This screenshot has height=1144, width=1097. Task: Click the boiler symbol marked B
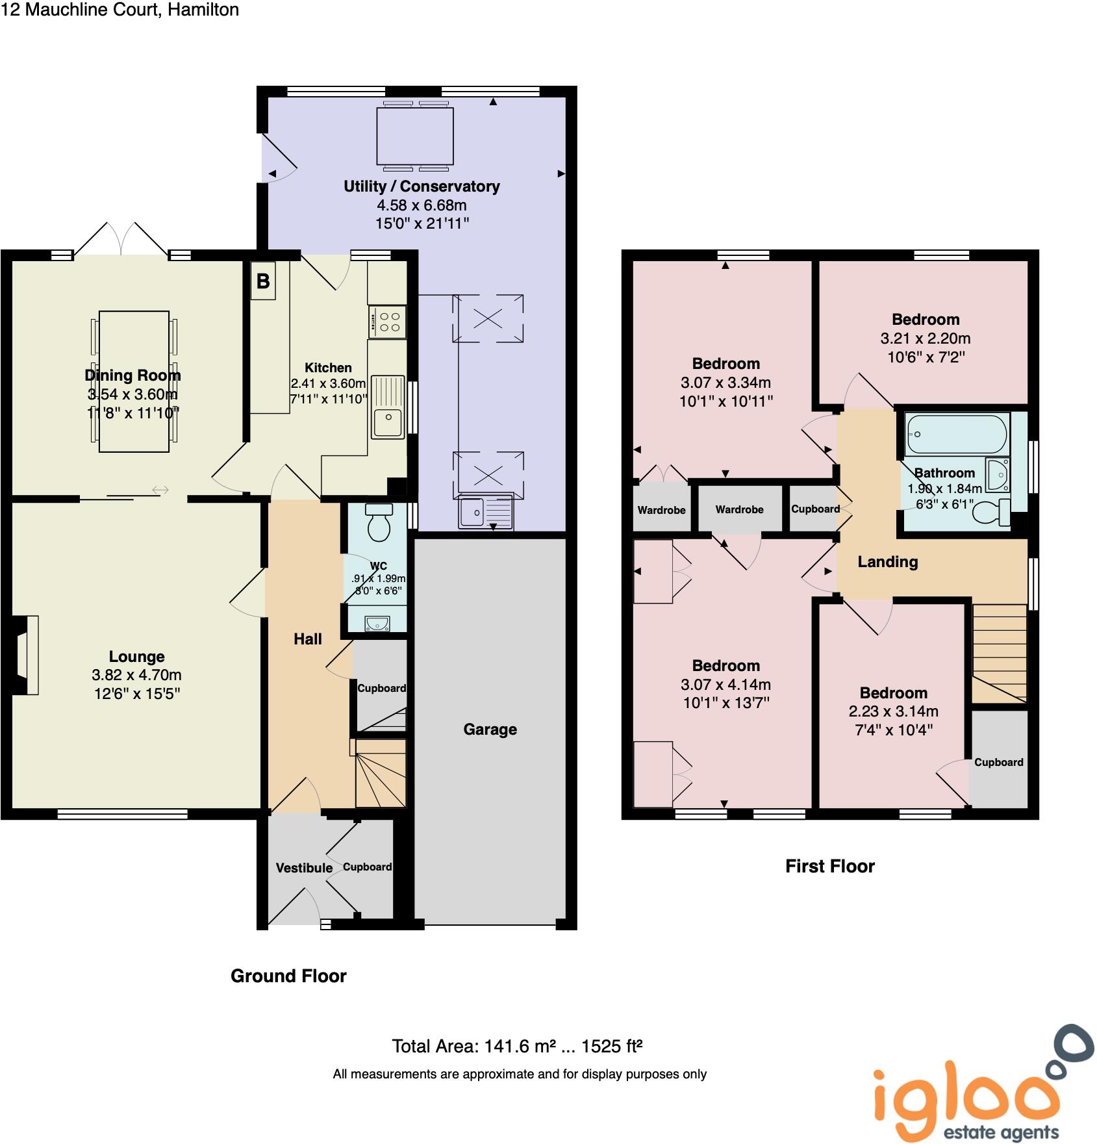click(263, 281)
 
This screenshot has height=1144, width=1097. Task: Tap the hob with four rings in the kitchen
click(388, 322)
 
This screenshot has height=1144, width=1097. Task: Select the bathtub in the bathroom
click(956, 433)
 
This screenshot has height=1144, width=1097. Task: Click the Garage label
click(490, 729)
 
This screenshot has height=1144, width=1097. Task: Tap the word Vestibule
click(304, 868)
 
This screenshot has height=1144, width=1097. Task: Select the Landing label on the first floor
click(887, 562)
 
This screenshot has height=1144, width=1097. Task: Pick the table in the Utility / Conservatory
click(415, 136)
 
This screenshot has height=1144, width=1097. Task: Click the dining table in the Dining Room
click(134, 381)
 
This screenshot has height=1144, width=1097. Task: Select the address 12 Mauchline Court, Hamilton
click(120, 10)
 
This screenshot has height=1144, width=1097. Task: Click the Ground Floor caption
click(288, 976)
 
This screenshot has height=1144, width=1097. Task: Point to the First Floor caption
click(829, 866)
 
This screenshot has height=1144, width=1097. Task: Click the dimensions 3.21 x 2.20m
click(925, 338)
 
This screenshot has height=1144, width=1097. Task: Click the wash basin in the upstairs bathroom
click(997, 476)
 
